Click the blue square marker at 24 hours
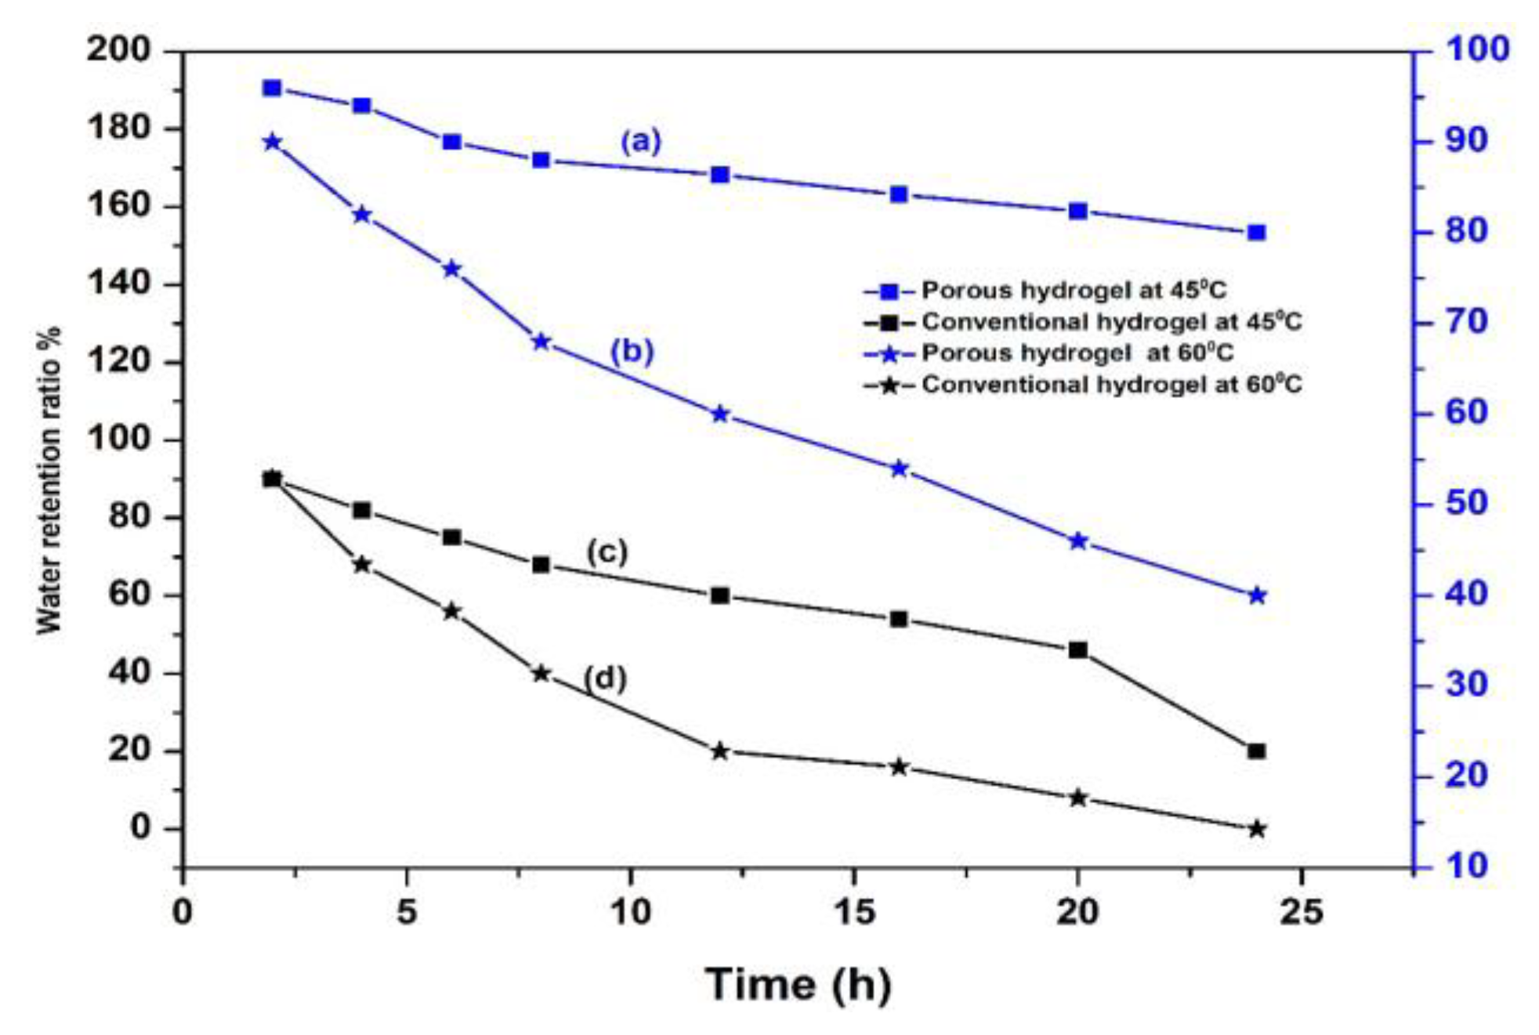pos(1256,233)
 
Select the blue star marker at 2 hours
pos(272,142)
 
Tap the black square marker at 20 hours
pos(1077,650)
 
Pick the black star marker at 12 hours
pos(720,751)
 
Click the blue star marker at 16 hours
pos(899,469)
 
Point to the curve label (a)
pos(640,142)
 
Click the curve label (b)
pos(632,352)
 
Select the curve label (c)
pos(607,552)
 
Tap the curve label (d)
pos(604,678)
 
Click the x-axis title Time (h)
pos(798,984)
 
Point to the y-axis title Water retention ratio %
pos(49,480)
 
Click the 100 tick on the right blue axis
pos(1476,50)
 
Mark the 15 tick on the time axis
pos(853,912)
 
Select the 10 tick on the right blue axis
pos(1465,866)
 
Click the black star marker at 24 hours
pos(1256,829)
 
